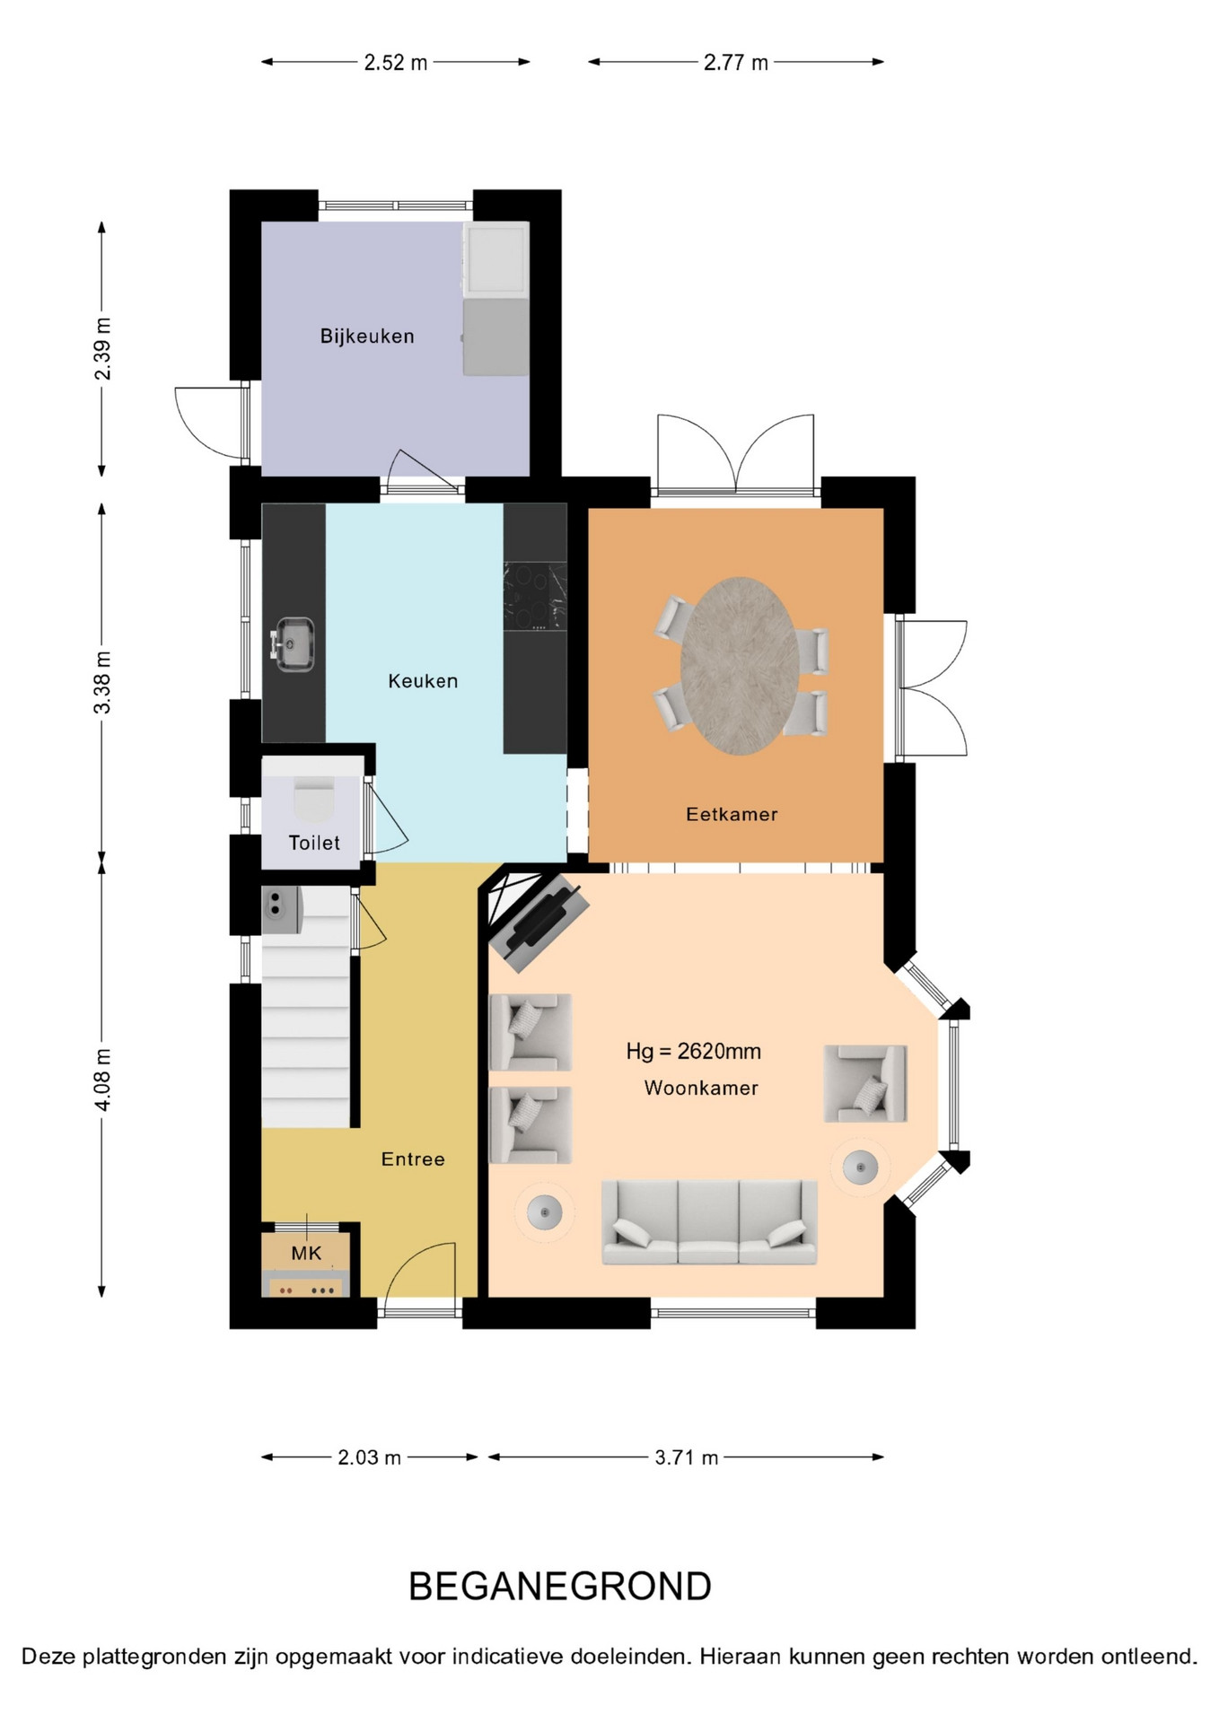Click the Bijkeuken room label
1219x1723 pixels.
(367, 337)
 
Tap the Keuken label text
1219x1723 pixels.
(423, 681)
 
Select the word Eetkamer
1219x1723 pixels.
(732, 814)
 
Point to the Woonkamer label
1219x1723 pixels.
(701, 1088)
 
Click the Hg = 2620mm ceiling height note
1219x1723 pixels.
(693, 1051)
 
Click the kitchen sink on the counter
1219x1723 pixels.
(293, 643)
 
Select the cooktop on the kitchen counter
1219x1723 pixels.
(535, 595)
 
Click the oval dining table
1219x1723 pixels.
(740, 666)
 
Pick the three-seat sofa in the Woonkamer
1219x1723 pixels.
(709, 1222)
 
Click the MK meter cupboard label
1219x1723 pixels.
(306, 1253)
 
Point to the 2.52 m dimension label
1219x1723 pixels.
(396, 63)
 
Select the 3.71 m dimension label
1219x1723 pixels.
(687, 1457)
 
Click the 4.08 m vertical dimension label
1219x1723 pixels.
(103, 1080)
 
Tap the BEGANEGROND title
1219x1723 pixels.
(560, 1587)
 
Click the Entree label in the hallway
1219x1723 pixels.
(413, 1159)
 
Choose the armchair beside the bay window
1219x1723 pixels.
(865, 1083)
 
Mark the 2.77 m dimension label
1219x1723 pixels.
(736, 63)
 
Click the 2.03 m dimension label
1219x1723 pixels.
(369, 1457)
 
